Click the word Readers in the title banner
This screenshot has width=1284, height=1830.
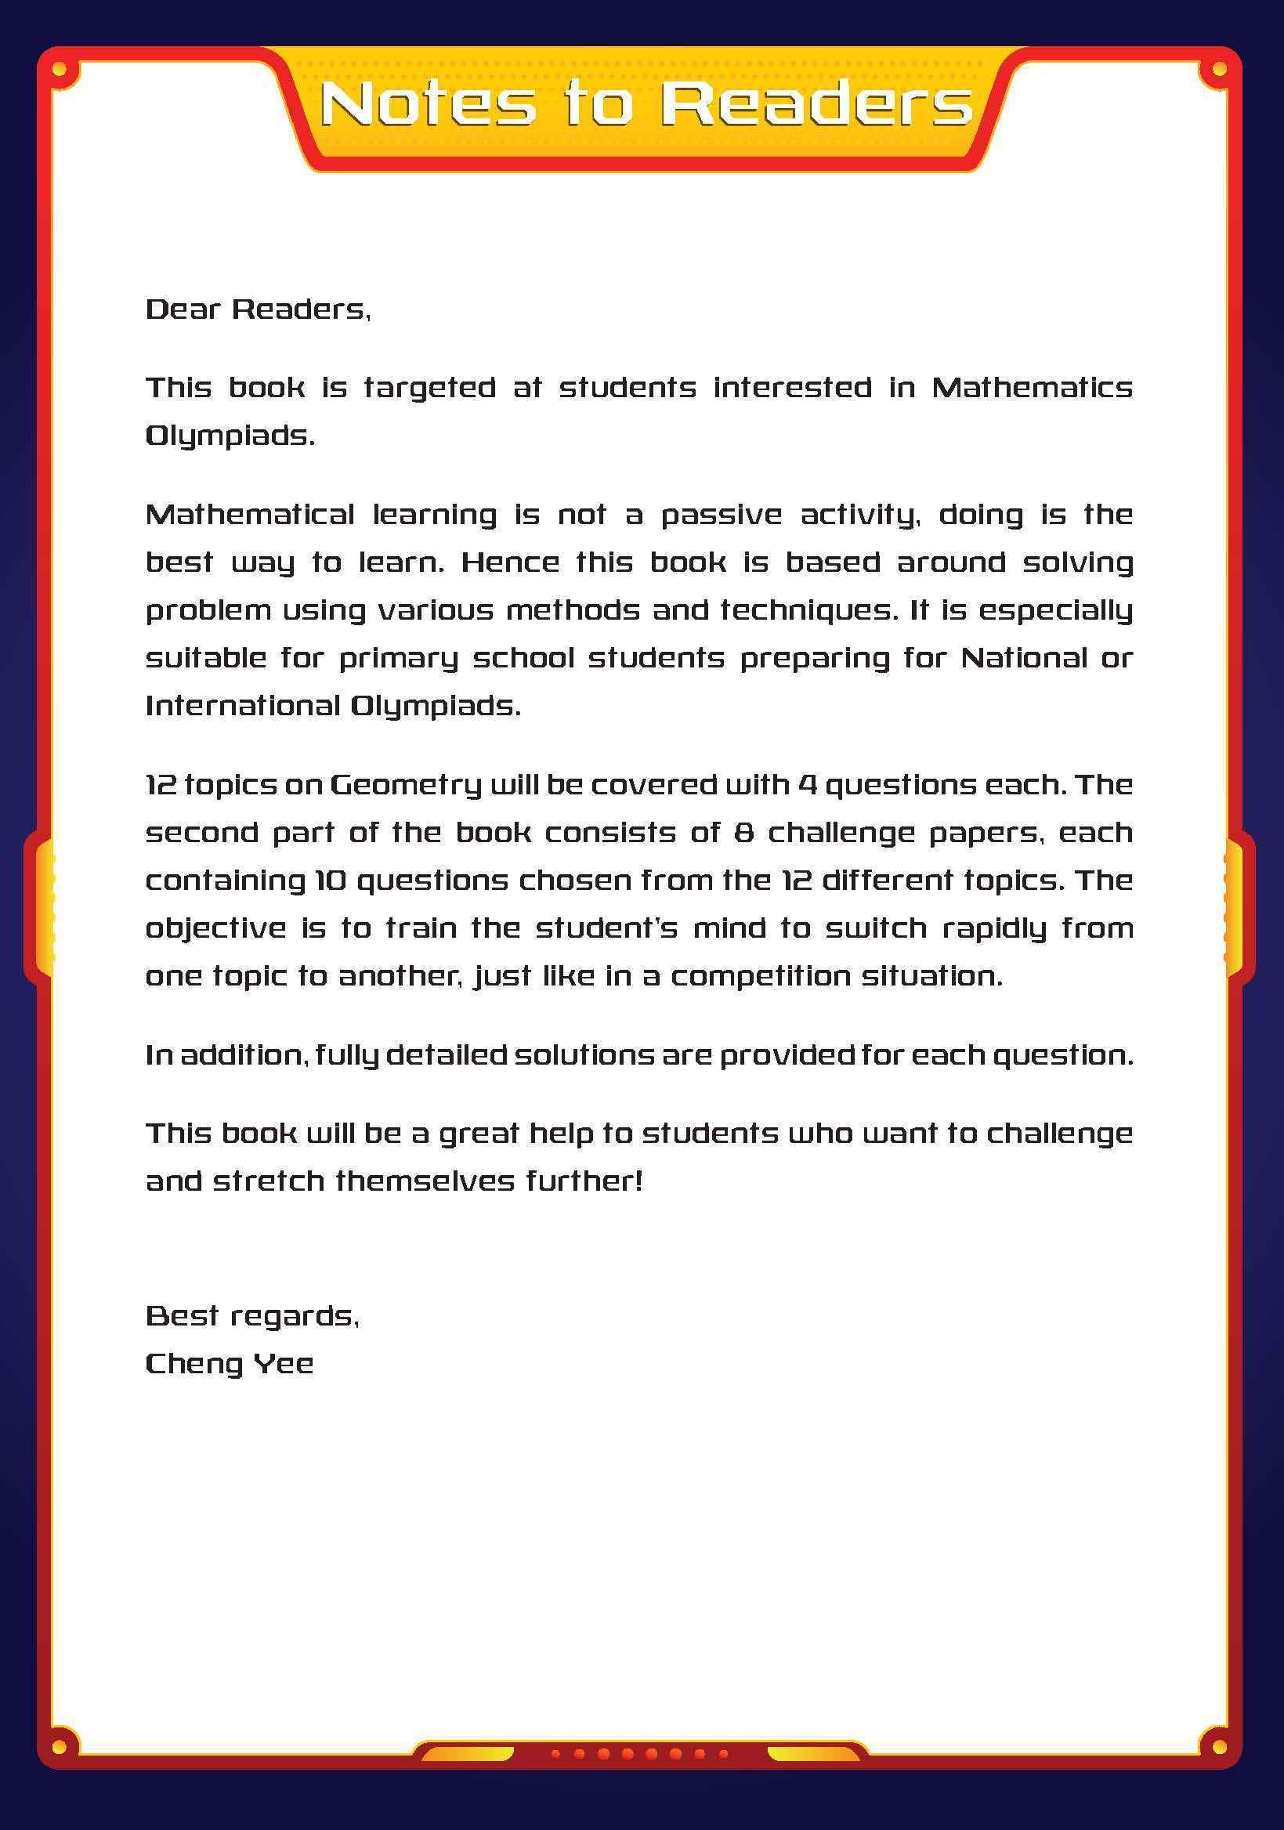[816, 104]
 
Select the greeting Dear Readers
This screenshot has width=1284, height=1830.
[258, 309]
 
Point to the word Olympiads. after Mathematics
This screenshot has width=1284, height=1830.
[230, 437]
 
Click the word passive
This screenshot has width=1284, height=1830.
[722, 515]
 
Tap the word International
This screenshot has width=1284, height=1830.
[243, 706]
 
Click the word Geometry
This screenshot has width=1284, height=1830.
[405, 786]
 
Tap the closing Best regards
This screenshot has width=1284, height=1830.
[251, 1316]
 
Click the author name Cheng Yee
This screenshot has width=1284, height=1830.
[229, 1364]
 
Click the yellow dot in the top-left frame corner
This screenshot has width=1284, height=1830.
[59, 71]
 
